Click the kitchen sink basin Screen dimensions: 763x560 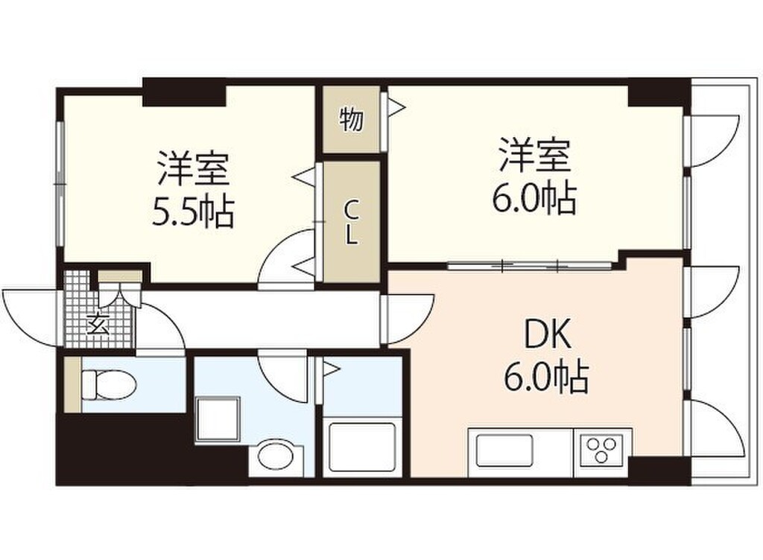504,451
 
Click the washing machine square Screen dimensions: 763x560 218,419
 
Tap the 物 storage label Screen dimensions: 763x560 352,120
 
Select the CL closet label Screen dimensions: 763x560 352,223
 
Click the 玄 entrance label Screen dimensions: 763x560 98,324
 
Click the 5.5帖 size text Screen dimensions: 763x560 193,212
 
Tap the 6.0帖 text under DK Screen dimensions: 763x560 546,378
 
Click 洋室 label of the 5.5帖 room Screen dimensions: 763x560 193,168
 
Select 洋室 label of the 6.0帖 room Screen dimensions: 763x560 535,155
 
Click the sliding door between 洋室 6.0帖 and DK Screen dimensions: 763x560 530,265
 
